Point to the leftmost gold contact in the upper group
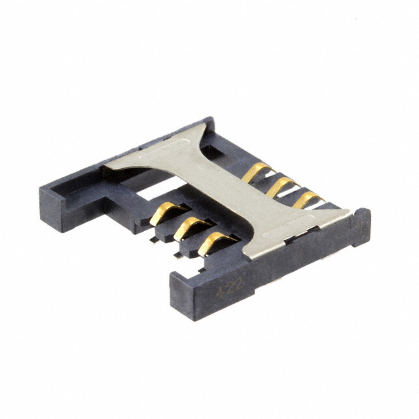(x=257, y=173)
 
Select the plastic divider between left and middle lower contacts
(x=175, y=227)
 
